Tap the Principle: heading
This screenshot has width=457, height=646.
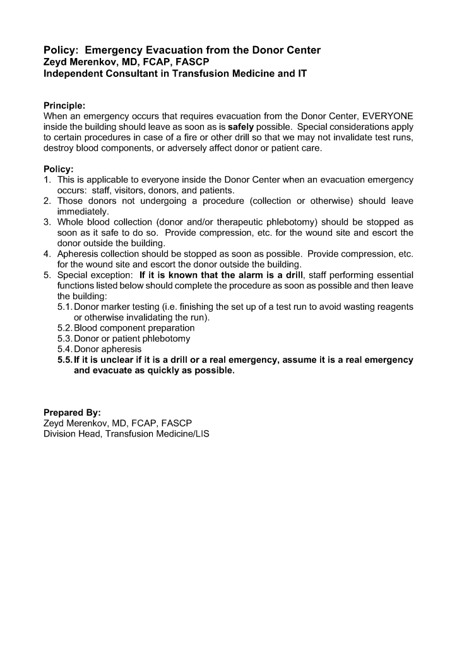64,105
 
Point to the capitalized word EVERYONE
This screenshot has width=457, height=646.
388,116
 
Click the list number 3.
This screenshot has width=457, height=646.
47,222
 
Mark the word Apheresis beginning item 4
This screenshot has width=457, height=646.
78,254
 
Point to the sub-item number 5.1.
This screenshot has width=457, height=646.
64,307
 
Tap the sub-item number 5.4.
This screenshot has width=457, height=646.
64,349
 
